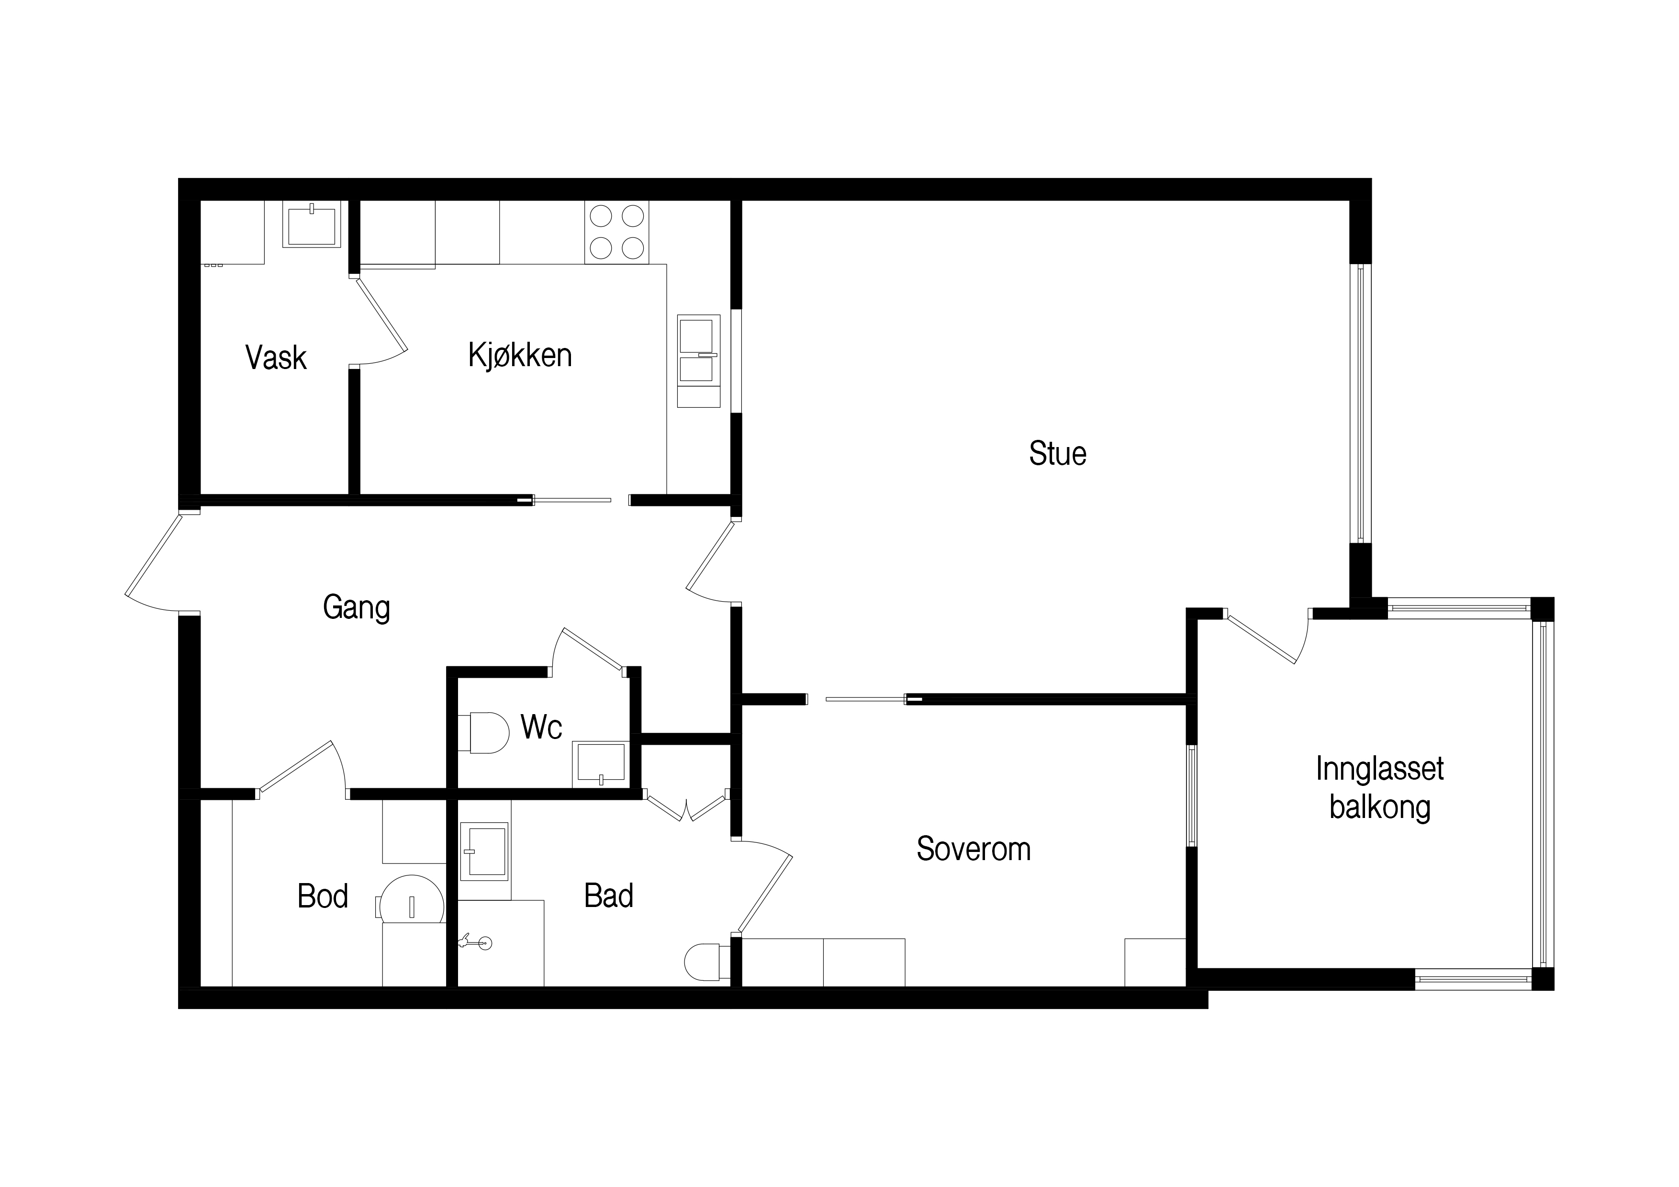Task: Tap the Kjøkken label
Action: click(x=520, y=356)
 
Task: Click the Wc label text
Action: click(x=541, y=727)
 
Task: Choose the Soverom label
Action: click(x=974, y=849)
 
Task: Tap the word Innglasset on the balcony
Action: click(x=1379, y=769)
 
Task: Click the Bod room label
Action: click(x=323, y=896)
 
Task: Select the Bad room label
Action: click(x=608, y=896)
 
